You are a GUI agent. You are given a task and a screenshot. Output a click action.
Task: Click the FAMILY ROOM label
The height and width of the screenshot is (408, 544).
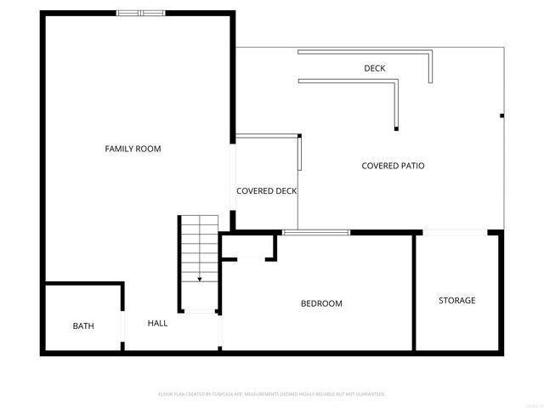[x=133, y=149]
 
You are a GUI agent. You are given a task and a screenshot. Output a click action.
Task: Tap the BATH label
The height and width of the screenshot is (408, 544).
[x=83, y=326]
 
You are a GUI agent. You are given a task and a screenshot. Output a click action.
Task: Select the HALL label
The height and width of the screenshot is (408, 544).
[x=157, y=323]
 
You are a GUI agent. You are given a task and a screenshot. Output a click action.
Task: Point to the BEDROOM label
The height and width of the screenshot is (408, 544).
[x=321, y=303]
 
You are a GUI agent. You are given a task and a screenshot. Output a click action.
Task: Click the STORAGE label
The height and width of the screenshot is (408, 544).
[x=456, y=300]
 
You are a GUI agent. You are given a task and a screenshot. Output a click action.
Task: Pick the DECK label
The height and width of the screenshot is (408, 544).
[x=375, y=68]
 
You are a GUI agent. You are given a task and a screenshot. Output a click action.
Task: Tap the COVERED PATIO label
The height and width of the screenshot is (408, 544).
[x=393, y=166]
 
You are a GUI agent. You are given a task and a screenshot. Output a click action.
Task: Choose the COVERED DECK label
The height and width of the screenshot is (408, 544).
[x=266, y=191]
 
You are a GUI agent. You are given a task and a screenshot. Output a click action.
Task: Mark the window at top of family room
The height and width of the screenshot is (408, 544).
[x=140, y=13]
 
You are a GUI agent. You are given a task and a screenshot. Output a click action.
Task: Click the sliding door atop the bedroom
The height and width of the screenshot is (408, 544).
[x=316, y=231]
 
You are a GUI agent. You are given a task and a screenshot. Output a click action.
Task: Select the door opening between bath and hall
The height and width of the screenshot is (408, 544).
[x=123, y=327]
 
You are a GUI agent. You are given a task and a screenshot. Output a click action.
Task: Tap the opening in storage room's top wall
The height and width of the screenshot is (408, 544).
[x=456, y=231]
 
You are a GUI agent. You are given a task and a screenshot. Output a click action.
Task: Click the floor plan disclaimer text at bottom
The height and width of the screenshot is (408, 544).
[x=272, y=394]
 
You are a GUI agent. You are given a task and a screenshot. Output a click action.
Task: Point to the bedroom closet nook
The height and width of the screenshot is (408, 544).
[x=247, y=246]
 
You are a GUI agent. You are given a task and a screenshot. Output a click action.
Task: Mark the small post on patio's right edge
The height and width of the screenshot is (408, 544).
[x=501, y=116]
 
